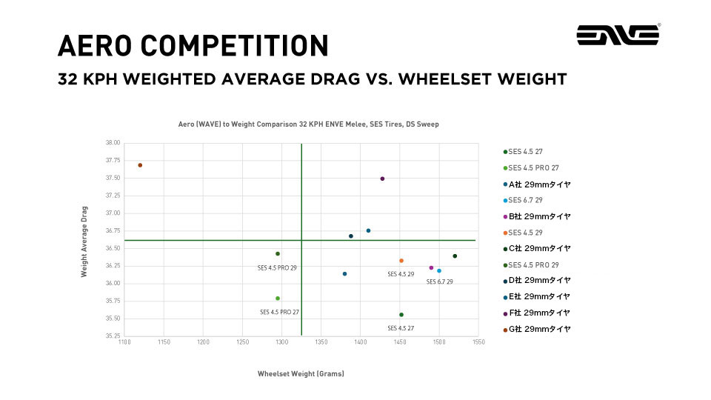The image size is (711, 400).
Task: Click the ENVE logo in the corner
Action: tap(618, 35)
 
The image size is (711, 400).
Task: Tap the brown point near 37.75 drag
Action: tap(140, 165)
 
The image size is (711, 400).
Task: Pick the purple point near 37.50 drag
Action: tap(382, 179)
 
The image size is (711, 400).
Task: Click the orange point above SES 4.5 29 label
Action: tap(401, 261)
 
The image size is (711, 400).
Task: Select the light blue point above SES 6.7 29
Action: tap(439, 270)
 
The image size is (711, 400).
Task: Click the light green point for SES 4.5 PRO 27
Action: tap(278, 299)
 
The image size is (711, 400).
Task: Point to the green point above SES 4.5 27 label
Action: tap(401, 315)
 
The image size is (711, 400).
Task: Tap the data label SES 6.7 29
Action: tap(439, 281)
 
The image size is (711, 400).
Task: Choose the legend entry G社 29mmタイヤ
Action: tap(539, 329)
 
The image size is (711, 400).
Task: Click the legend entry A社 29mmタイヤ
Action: tap(539, 184)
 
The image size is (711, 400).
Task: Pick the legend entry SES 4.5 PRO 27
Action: tap(533, 168)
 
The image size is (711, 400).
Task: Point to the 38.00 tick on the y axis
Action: tap(112, 143)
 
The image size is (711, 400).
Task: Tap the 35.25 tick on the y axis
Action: tap(112, 336)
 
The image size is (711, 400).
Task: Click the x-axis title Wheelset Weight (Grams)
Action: tap(301, 373)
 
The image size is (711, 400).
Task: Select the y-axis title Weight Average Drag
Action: tap(84, 241)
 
